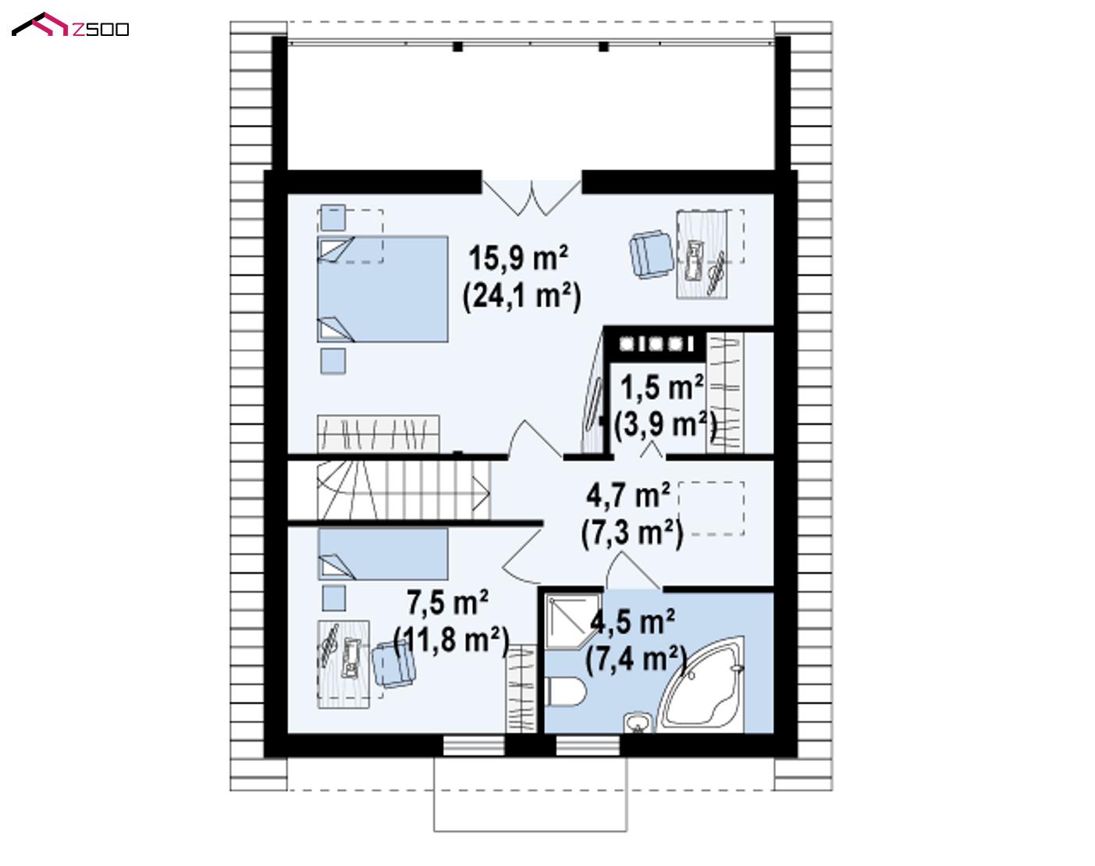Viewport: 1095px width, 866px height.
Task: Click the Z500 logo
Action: click(x=70, y=25)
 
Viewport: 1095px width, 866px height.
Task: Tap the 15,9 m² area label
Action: click(x=518, y=258)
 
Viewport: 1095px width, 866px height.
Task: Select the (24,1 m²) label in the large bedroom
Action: click(x=521, y=296)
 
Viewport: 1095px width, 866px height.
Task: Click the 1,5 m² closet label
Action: click(x=662, y=387)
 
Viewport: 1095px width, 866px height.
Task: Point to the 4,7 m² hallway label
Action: click(x=628, y=495)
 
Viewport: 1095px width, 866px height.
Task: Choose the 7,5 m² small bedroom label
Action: click(x=448, y=602)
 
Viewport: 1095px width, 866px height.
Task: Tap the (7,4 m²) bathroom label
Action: click(x=636, y=659)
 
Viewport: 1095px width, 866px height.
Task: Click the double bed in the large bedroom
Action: click(x=382, y=289)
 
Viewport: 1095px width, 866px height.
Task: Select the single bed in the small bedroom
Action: click(x=383, y=554)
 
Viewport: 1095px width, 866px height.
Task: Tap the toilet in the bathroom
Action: click(x=565, y=691)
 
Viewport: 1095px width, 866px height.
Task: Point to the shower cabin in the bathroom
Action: click(x=573, y=621)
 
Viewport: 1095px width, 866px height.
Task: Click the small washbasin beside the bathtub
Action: click(x=638, y=722)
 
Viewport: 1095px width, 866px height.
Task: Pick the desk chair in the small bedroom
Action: click(x=393, y=665)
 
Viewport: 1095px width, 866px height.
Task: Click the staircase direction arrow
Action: click(x=481, y=494)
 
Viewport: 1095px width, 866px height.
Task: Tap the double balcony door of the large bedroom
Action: click(x=532, y=198)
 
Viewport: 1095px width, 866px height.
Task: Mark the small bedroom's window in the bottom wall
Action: click(x=474, y=746)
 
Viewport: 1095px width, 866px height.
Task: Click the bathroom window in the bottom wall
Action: click(x=588, y=746)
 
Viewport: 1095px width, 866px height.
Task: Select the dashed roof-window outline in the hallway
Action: click(x=711, y=508)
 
